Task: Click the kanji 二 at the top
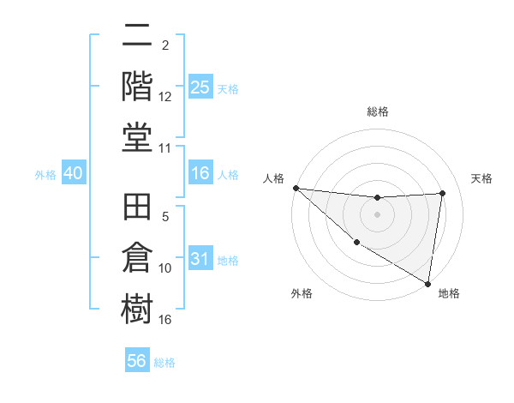pos(137,36)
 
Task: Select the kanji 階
pos(137,86)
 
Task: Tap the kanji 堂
pos(137,137)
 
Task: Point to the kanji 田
pos(137,209)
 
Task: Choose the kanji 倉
pos(137,258)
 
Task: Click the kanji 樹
pos(137,308)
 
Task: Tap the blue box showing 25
pos(200,87)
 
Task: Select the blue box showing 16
pos(200,173)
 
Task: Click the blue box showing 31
pos(200,259)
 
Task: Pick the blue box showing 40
pos(73,173)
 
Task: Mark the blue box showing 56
pos(137,361)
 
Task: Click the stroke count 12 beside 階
pos(165,97)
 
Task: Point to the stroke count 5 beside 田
pos(165,218)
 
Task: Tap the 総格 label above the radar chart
pos(378,111)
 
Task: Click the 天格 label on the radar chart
pos(482,178)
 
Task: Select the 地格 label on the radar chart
pos(449,293)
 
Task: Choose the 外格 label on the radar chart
pos(302,293)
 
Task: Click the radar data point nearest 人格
pos(296,188)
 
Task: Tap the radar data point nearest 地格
pos(428,283)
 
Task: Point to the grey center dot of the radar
pos(377,214)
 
